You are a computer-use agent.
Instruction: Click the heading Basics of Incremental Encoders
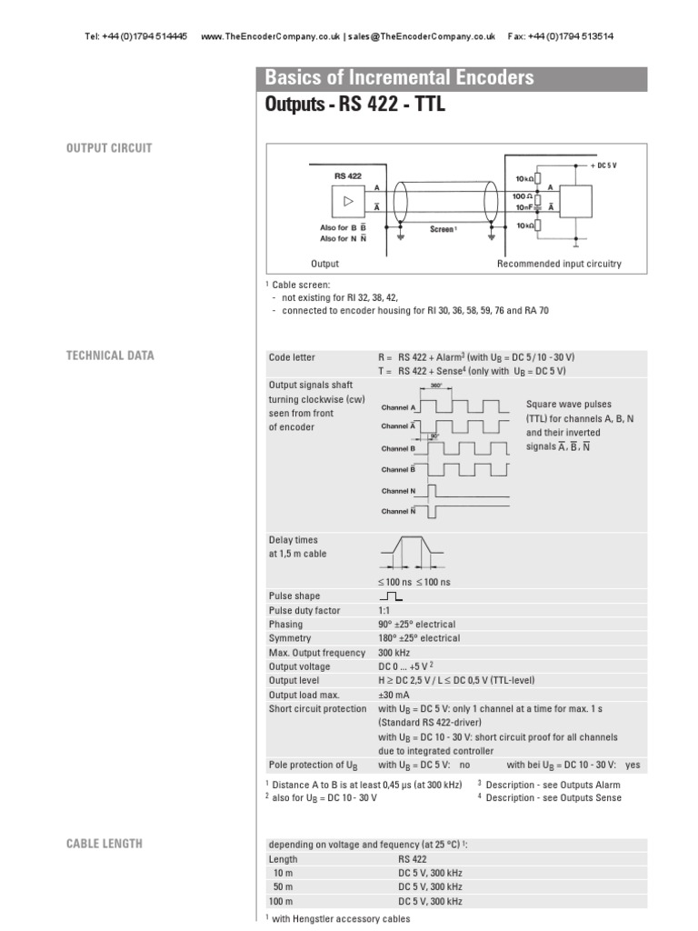[399, 78]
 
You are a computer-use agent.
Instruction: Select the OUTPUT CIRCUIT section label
[108, 147]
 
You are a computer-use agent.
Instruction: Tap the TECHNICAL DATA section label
[110, 355]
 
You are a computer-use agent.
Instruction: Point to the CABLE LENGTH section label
[104, 844]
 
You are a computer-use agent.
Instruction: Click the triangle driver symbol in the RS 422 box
[349, 200]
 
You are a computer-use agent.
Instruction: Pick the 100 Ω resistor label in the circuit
[521, 196]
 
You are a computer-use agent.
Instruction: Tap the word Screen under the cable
[442, 230]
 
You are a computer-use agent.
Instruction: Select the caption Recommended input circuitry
[559, 265]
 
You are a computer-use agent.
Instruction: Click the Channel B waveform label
[398, 448]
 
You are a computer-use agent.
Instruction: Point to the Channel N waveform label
[398, 491]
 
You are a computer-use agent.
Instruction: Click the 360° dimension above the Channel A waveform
[435, 386]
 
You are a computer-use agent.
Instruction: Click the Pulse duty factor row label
[305, 611]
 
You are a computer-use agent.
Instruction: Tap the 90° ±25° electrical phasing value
[416, 625]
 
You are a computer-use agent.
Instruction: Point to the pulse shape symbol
[392, 596]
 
